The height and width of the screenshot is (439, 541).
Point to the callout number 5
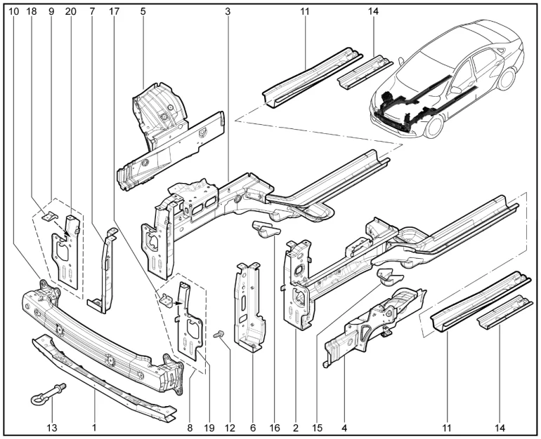coord(143,12)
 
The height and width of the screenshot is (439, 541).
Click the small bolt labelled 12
coord(219,334)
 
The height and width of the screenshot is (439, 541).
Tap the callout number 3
coord(228,12)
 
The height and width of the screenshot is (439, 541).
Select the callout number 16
coord(275,426)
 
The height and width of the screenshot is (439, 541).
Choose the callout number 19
coord(209,426)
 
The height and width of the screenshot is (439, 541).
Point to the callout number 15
coord(318,426)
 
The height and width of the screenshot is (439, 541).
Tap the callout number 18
coord(32,12)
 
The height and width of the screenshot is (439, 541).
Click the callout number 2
coord(296,426)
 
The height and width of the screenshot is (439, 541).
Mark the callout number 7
coord(91,12)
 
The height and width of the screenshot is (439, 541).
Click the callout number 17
coord(115,12)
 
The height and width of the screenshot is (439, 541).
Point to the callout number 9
coord(51,12)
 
